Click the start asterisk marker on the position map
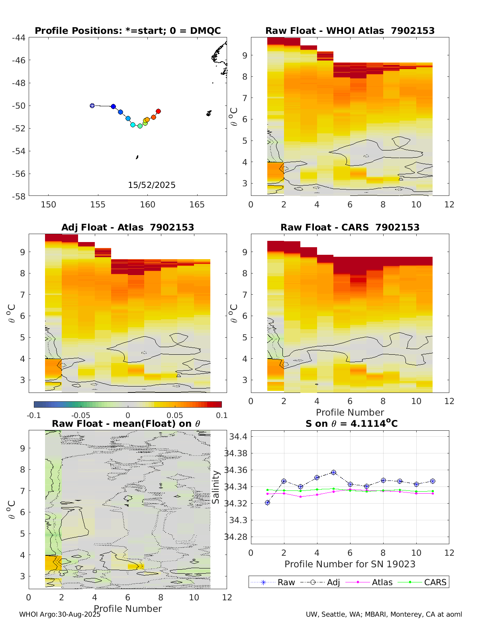click(x=92, y=105)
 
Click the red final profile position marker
click(x=158, y=111)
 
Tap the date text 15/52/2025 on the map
click(x=152, y=185)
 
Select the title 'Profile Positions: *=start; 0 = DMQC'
click(x=128, y=31)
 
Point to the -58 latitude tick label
click(x=18, y=196)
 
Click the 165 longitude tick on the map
click(x=197, y=205)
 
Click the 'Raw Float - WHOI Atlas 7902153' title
click(x=350, y=31)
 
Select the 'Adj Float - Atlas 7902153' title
click(x=127, y=227)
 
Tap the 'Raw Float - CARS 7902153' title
click(x=350, y=227)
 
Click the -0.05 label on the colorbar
click(x=80, y=416)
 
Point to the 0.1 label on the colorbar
click(x=222, y=416)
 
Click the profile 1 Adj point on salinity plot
click(x=267, y=503)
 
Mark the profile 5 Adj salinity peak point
click(x=333, y=473)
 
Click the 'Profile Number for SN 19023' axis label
click(x=350, y=564)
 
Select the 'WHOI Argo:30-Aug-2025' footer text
click(x=60, y=615)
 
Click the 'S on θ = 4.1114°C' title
click(x=351, y=424)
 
